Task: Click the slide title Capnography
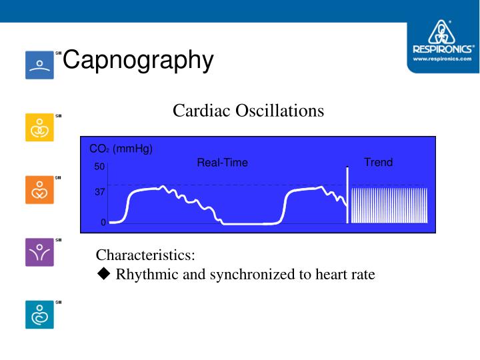pyautogui.click(x=138, y=60)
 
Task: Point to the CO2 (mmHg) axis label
pyautogui.click(x=121, y=149)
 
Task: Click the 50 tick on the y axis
pyautogui.click(x=99, y=166)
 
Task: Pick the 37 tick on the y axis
pyautogui.click(x=99, y=192)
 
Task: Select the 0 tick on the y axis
pyautogui.click(x=103, y=223)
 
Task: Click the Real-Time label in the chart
pyautogui.click(x=222, y=163)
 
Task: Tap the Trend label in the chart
pyautogui.click(x=378, y=162)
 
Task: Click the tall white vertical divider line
pyautogui.click(x=347, y=194)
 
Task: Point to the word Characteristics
pyautogui.click(x=145, y=255)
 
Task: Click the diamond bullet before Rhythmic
pyautogui.click(x=103, y=274)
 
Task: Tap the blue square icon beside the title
pyautogui.click(x=39, y=65)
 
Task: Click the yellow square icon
pyautogui.click(x=39, y=127)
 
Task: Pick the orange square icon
pyautogui.click(x=39, y=191)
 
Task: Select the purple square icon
pyautogui.click(x=39, y=253)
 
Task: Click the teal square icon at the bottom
pyautogui.click(x=39, y=315)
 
